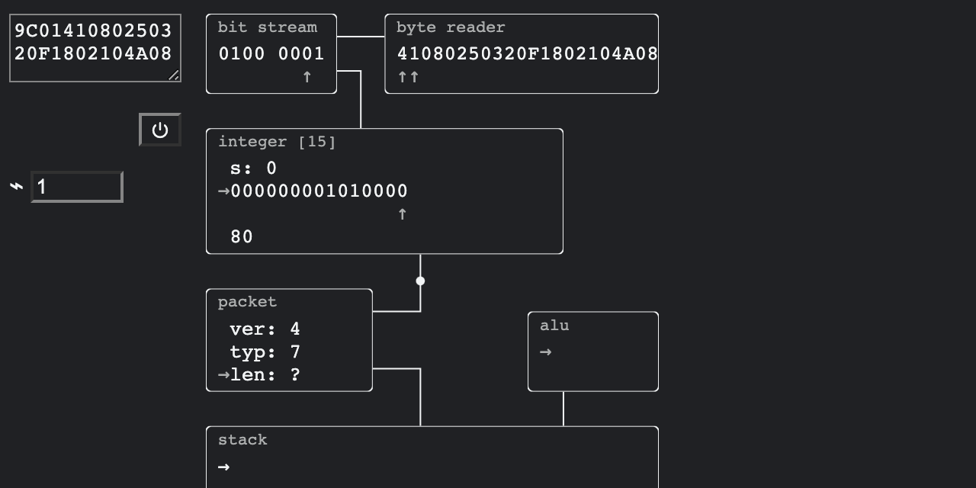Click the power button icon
[x=160, y=130]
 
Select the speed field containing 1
[x=76, y=187]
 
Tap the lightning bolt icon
[x=17, y=187]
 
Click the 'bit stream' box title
[x=267, y=27]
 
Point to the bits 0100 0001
[x=271, y=54]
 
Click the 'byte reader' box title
[x=450, y=27]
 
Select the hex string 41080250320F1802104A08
[x=526, y=54]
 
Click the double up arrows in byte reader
[x=409, y=77]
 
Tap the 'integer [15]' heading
[x=277, y=142]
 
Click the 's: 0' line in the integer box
[x=253, y=169]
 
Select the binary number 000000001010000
[x=319, y=191]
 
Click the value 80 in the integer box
[x=242, y=237]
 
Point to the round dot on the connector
[x=420, y=281]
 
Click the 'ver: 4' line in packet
[x=265, y=329]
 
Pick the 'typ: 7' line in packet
[x=265, y=352]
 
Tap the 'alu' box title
[x=554, y=326]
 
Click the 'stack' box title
[x=242, y=440]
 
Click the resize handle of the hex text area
[x=174, y=75]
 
